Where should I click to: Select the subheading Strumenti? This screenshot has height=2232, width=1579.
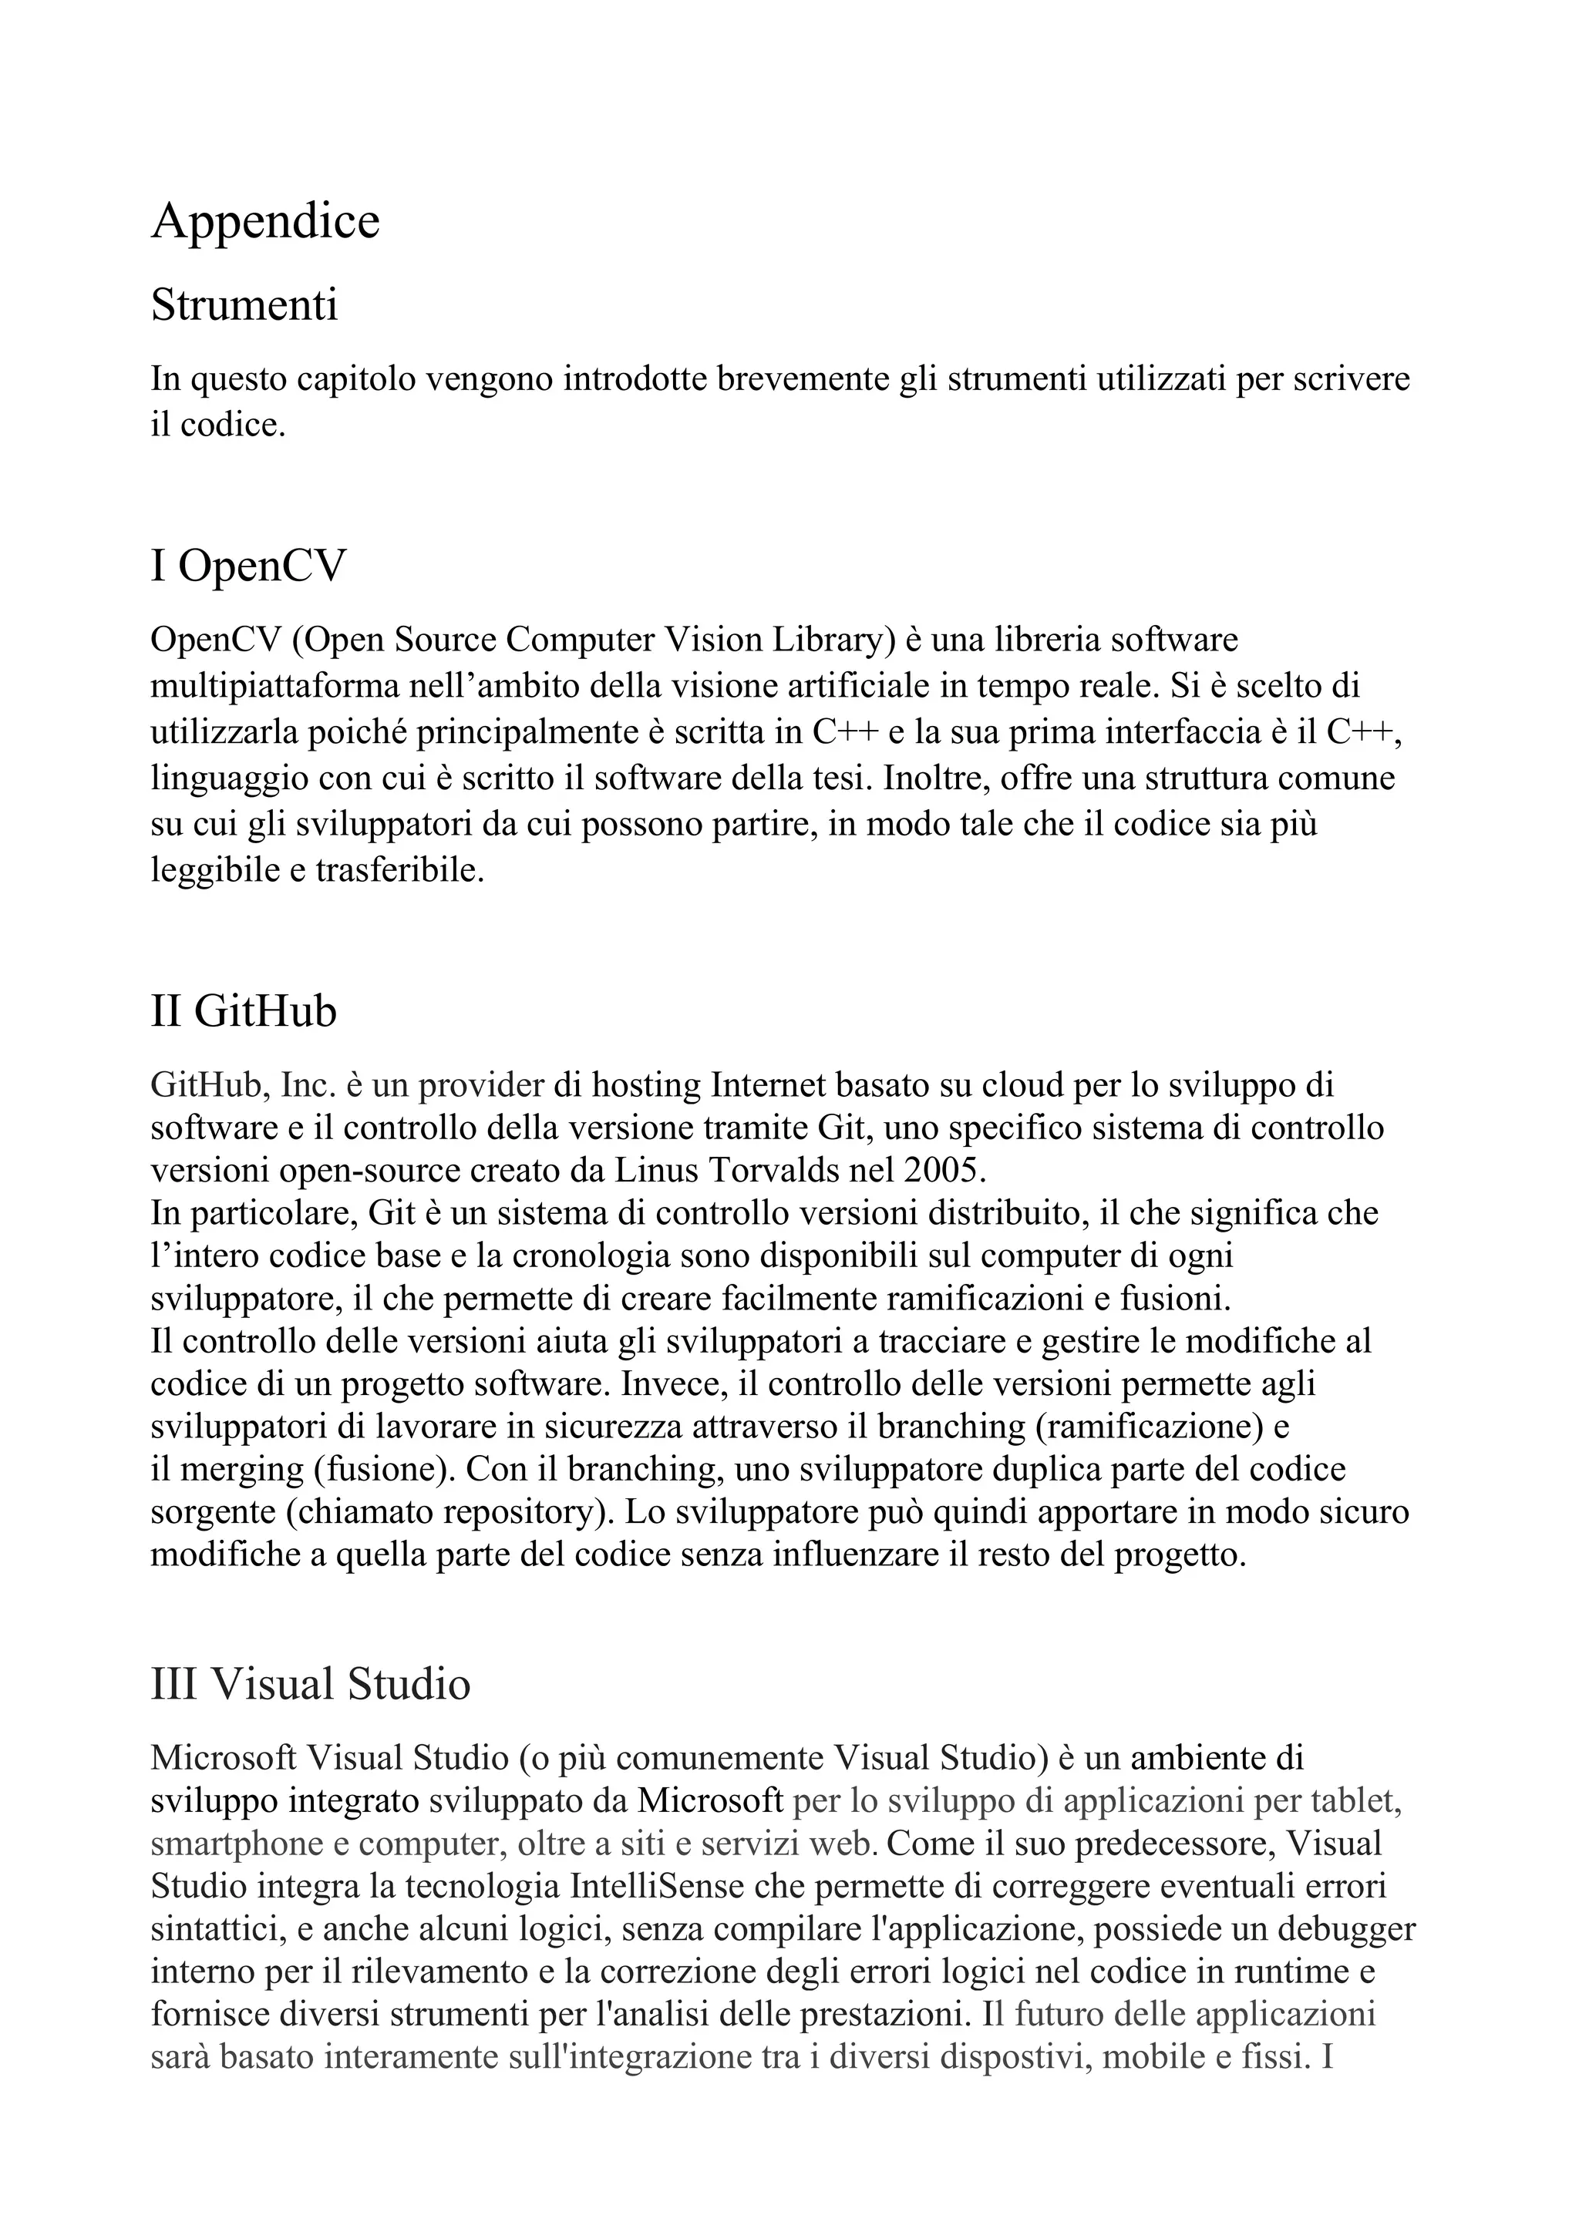[244, 305]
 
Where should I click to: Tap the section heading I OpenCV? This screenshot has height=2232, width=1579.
[248, 566]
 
